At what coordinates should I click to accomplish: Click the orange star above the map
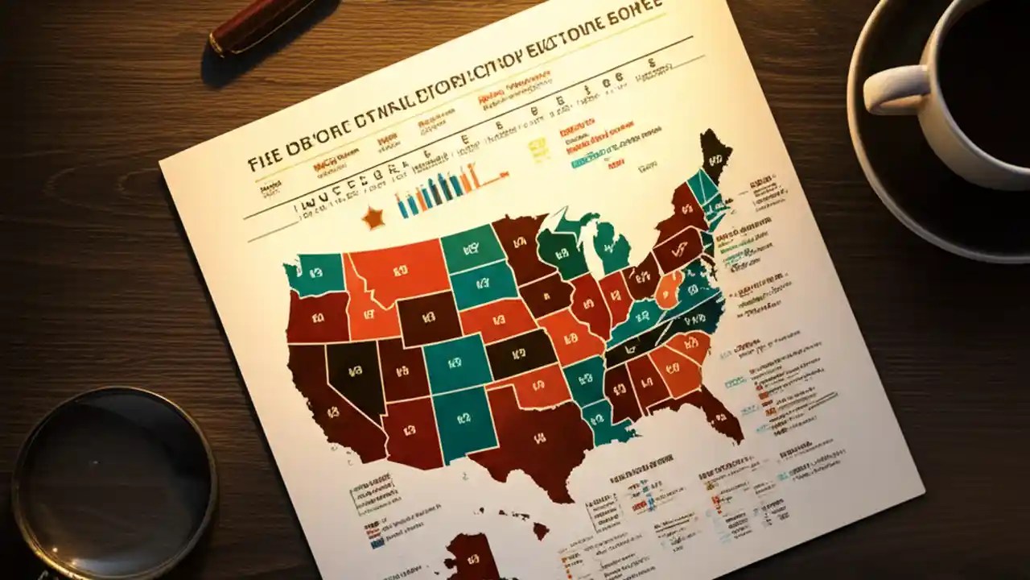coord(373,217)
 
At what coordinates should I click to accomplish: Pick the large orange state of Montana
coord(398,270)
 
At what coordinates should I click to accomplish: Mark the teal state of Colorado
coord(455,362)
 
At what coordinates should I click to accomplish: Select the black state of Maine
coord(713,153)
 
